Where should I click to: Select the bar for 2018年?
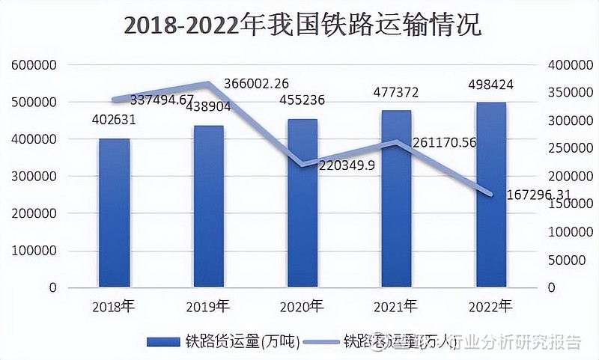(115, 213)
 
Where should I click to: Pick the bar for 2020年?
(302, 203)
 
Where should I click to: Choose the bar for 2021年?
(397, 199)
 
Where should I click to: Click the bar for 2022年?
(490, 195)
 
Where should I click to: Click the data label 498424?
(491, 84)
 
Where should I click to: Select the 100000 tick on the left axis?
(34, 251)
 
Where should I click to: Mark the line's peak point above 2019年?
(209, 84)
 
